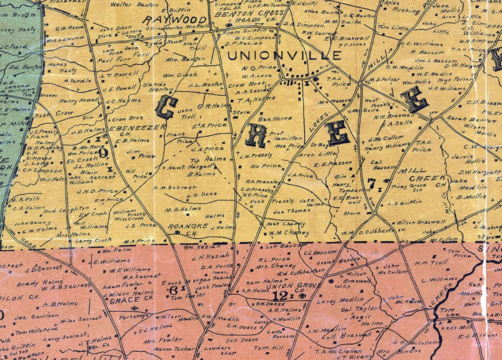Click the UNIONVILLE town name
pos(284,56)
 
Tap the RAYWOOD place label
pos(175,20)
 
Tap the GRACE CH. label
pos(124,301)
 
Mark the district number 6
pos(173,289)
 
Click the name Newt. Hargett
pos(185,167)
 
